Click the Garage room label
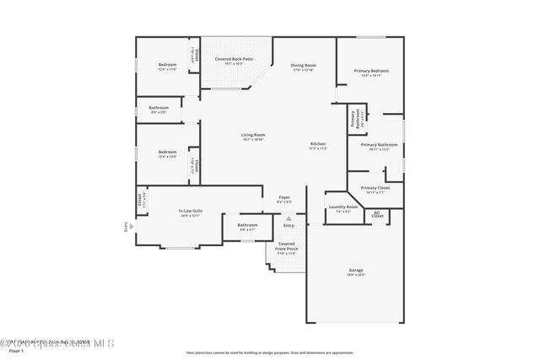(355, 270)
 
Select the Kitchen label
(317, 144)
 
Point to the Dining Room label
(304, 66)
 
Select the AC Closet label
(377, 215)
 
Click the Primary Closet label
(375, 188)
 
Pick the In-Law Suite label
(190, 211)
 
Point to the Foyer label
(284, 197)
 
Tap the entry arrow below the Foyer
(289, 218)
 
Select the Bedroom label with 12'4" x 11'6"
(166, 66)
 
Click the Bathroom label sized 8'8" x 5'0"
(159, 108)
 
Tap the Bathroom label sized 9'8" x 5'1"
(247, 225)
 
